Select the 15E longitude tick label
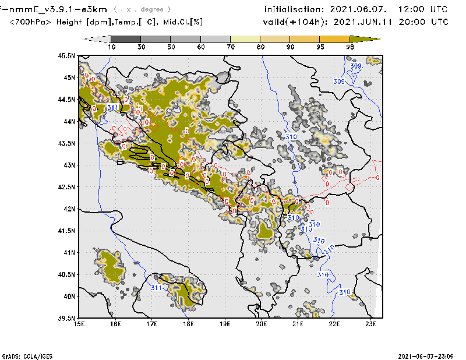[79, 324]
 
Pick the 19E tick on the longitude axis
[225, 324]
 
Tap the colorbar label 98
[350, 47]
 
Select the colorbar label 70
[231, 47]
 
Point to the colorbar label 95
[320, 47]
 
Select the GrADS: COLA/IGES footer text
[26, 355]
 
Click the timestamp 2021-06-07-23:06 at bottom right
[428, 355]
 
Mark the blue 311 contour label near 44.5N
[113, 107]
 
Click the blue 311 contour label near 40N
[157, 288]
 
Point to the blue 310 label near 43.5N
[292, 137]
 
